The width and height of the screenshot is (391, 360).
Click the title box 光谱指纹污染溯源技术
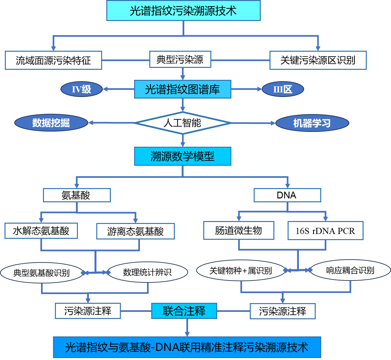pos(183,11)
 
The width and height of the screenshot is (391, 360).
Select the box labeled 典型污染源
pos(180,59)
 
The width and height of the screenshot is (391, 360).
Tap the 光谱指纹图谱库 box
pos(183,89)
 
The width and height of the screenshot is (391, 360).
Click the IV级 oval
pos(81,89)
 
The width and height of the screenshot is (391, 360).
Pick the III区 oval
pos(283,89)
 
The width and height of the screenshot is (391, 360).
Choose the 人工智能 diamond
pos(183,123)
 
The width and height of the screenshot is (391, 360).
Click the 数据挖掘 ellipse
pos(51,123)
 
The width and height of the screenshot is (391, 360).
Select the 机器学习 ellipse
pos(312,123)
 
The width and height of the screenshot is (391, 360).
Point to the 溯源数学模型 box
pos(183,156)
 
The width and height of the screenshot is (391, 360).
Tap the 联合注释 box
pos(184,311)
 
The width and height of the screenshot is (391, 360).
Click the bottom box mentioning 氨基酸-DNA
pos(187,347)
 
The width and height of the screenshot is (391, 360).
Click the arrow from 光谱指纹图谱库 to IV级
pos(118,89)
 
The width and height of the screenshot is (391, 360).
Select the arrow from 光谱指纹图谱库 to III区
pos(246,89)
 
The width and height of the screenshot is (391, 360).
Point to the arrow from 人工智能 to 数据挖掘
pos(111,123)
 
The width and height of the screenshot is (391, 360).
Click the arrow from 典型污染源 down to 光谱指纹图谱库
pos(183,74)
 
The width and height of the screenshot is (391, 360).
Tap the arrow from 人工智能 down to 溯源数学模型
pos(183,140)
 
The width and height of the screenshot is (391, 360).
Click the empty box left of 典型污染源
pos(53,60)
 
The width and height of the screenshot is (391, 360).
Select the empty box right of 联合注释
pos(282,311)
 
